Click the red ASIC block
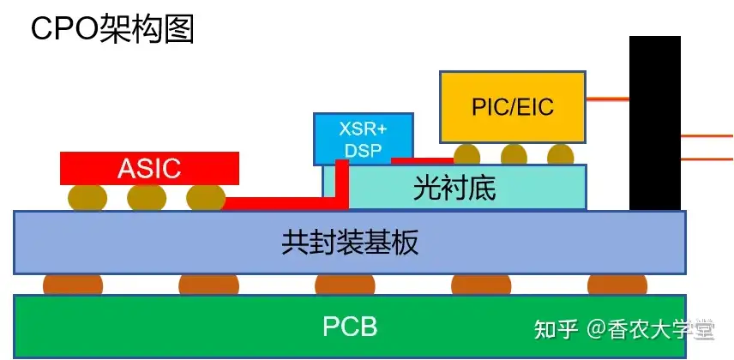coord(149,168)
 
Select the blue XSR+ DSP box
coord(363,138)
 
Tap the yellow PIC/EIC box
coord(513,106)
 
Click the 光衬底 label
coord(454,188)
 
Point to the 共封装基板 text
coord(350,243)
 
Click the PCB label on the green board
coord(350,327)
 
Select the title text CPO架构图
coord(112,29)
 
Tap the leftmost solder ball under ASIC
coord(88,198)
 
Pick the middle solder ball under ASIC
coord(147,198)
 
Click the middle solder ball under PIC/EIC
coord(514,155)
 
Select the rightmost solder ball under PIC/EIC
coord(561,155)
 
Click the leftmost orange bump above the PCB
coord(73,285)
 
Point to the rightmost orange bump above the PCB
coord(617,285)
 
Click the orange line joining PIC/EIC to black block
coord(608,99)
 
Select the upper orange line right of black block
coord(707,135)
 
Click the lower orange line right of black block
coord(707,158)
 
